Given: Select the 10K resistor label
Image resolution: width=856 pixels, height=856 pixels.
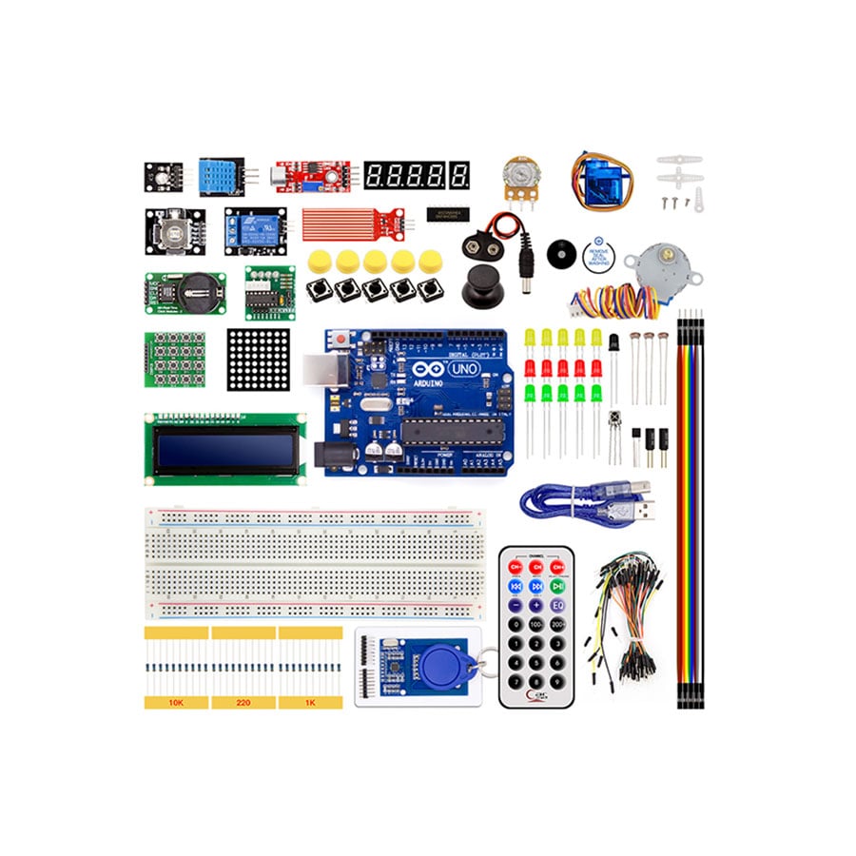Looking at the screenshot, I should pyautogui.click(x=176, y=702).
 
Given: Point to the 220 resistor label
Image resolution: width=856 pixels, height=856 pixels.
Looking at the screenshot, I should pyautogui.click(x=243, y=702).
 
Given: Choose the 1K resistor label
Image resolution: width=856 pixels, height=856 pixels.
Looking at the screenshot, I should pyautogui.click(x=310, y=702).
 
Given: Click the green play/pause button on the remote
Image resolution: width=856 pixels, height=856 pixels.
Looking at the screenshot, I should pyautogui.click(x=557, y=586).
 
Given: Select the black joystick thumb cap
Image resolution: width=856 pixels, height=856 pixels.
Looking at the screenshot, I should pyautogui.click(x=481, y=282).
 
